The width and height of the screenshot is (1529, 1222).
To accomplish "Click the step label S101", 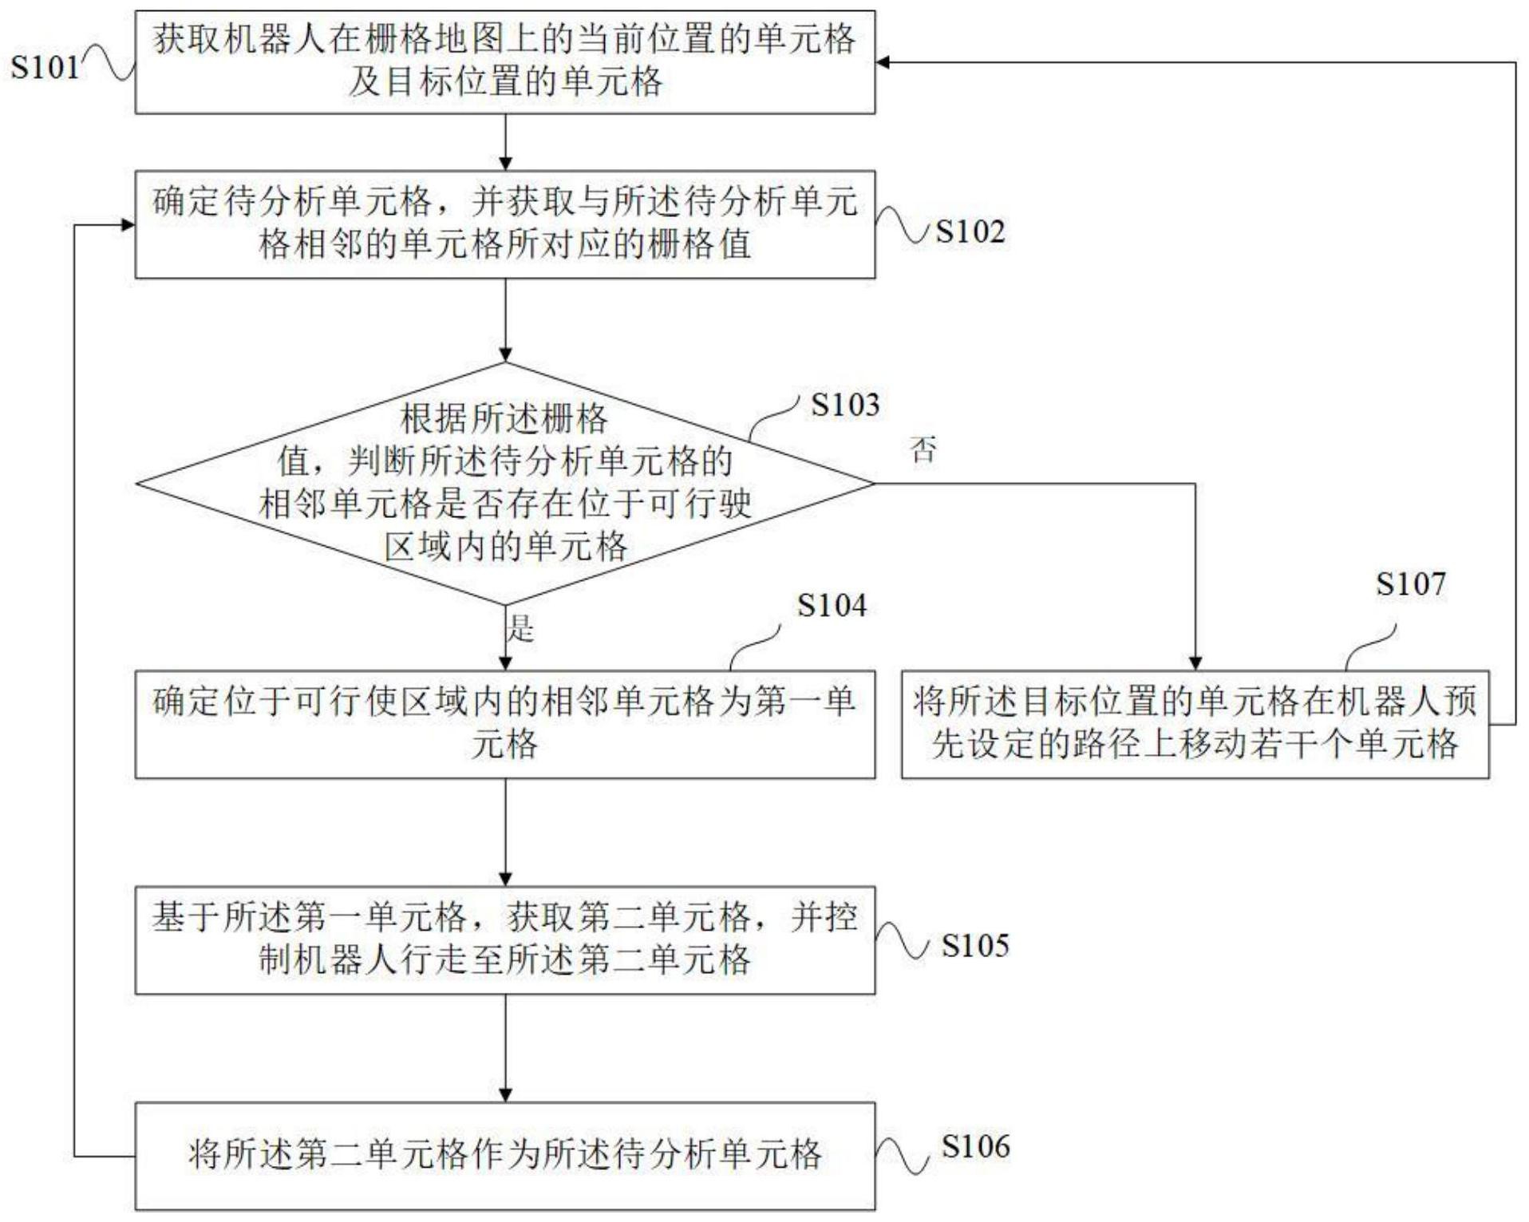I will coord(45,66).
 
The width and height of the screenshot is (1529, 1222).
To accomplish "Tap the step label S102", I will coord(970,231).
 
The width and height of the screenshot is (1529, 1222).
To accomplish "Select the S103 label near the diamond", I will coord(844,405).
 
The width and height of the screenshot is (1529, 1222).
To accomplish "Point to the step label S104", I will coord(831,605).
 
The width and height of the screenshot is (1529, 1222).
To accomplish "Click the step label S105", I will coord(974,945).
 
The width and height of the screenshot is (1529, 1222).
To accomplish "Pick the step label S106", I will coord(974,1146).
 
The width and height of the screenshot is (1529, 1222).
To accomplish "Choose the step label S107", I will coord(1410,584).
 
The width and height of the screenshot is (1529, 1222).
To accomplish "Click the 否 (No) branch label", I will coord(923,450).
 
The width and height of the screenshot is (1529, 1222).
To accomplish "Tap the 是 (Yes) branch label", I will coord(520,628).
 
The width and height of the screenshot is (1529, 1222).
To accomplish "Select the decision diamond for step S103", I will coord(504,483).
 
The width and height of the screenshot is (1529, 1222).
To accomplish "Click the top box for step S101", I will coord(504,61).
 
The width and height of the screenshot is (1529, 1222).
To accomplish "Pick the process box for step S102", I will coord(504,223).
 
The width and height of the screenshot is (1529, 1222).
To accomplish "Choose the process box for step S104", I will coord(504,723).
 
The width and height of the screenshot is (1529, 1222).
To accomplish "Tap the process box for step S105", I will coord(504,939).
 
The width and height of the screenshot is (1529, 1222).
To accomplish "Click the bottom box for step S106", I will coord(504,1155).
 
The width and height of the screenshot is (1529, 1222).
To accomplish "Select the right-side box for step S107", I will coord(1195,723).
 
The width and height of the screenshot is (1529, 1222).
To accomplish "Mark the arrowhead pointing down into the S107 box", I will coord(1195,663).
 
